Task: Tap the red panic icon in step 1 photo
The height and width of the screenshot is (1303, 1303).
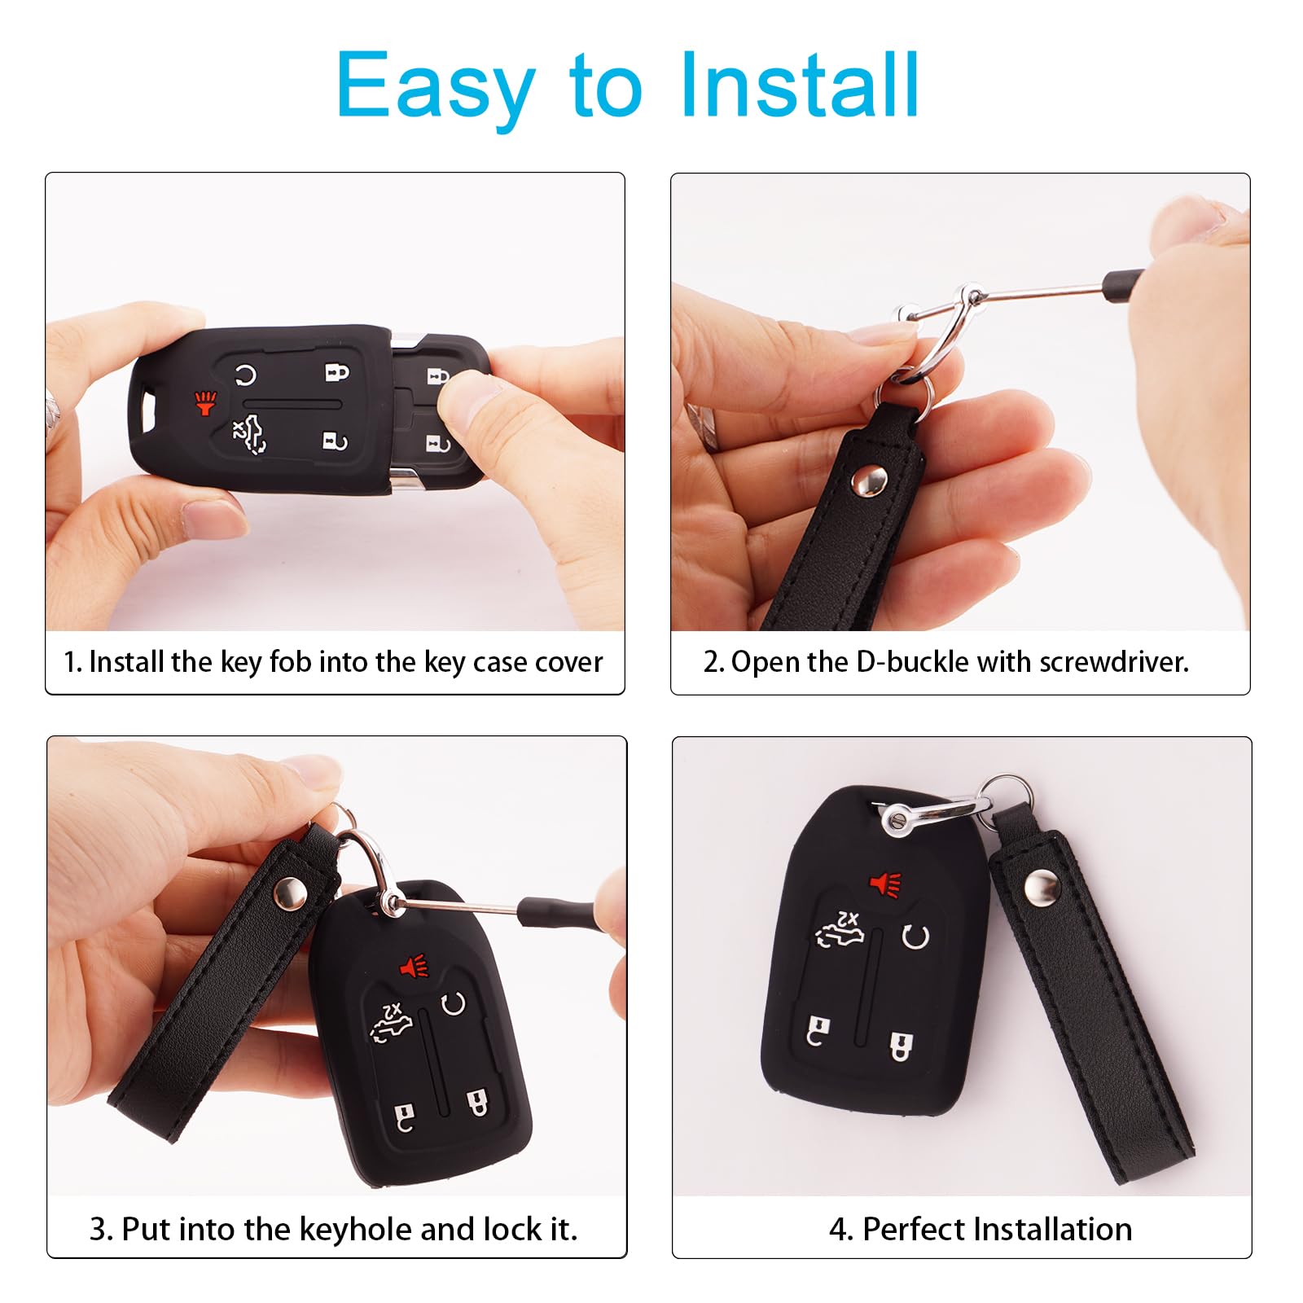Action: tap(205, 402)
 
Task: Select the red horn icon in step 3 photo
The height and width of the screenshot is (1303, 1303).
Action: tap(415, 967)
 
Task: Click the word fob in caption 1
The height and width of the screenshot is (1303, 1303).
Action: tap(290, 662)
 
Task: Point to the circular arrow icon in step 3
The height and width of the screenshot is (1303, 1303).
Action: tap(454, 1003)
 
